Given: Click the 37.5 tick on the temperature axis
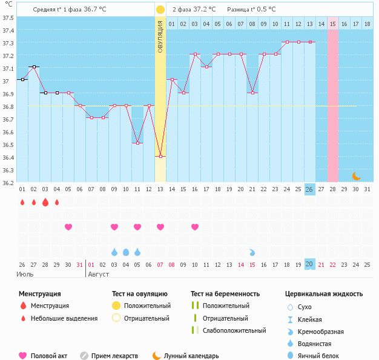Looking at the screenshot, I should coord(8,18).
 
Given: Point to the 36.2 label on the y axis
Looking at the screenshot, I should coord(8,182).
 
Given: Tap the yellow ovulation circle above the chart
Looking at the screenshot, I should coord(160,10).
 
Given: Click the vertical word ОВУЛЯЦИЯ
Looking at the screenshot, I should coord(160,37).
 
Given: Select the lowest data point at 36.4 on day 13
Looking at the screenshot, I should coord(160,157).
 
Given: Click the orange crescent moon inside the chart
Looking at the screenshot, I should coord(357,176).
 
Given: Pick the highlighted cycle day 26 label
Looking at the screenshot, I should coord(309,189).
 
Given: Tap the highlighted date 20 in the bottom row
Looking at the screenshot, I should coord(309,264).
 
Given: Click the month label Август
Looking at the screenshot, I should coord(99,274).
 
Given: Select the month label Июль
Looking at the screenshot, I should coord(25,274).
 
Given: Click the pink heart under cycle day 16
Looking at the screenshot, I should coord(195,227).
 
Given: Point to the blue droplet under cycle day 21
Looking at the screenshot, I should coord(252,252).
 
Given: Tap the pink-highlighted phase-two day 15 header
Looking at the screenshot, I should coord(333,24).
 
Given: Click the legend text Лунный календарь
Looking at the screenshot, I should coord(191,356).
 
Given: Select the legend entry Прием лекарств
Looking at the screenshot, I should coord(114,356).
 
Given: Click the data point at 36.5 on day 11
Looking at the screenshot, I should coord(137,143).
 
